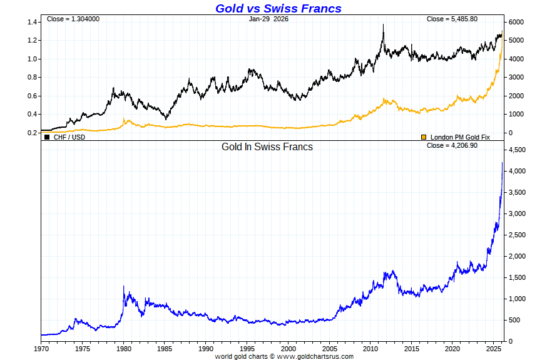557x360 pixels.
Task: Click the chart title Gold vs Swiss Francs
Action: (x=278, y=8)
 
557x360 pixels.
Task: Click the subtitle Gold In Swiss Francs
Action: (x=267, y=147)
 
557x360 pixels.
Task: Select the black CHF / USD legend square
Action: (x=47, y=136)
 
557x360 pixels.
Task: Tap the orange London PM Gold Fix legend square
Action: (x=424, y=136)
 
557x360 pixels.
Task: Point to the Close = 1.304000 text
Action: (x=73, y=19)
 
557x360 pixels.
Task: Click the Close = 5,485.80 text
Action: (x=452, y=19)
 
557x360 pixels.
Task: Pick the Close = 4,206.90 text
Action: (x=451, y=145)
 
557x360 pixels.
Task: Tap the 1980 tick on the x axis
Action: (x=124, y=348)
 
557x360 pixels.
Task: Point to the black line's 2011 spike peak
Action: (x=383, y=24)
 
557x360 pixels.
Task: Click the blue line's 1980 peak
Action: (x=124, y=286)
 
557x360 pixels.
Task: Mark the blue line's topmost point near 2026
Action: (x=502, y=163)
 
